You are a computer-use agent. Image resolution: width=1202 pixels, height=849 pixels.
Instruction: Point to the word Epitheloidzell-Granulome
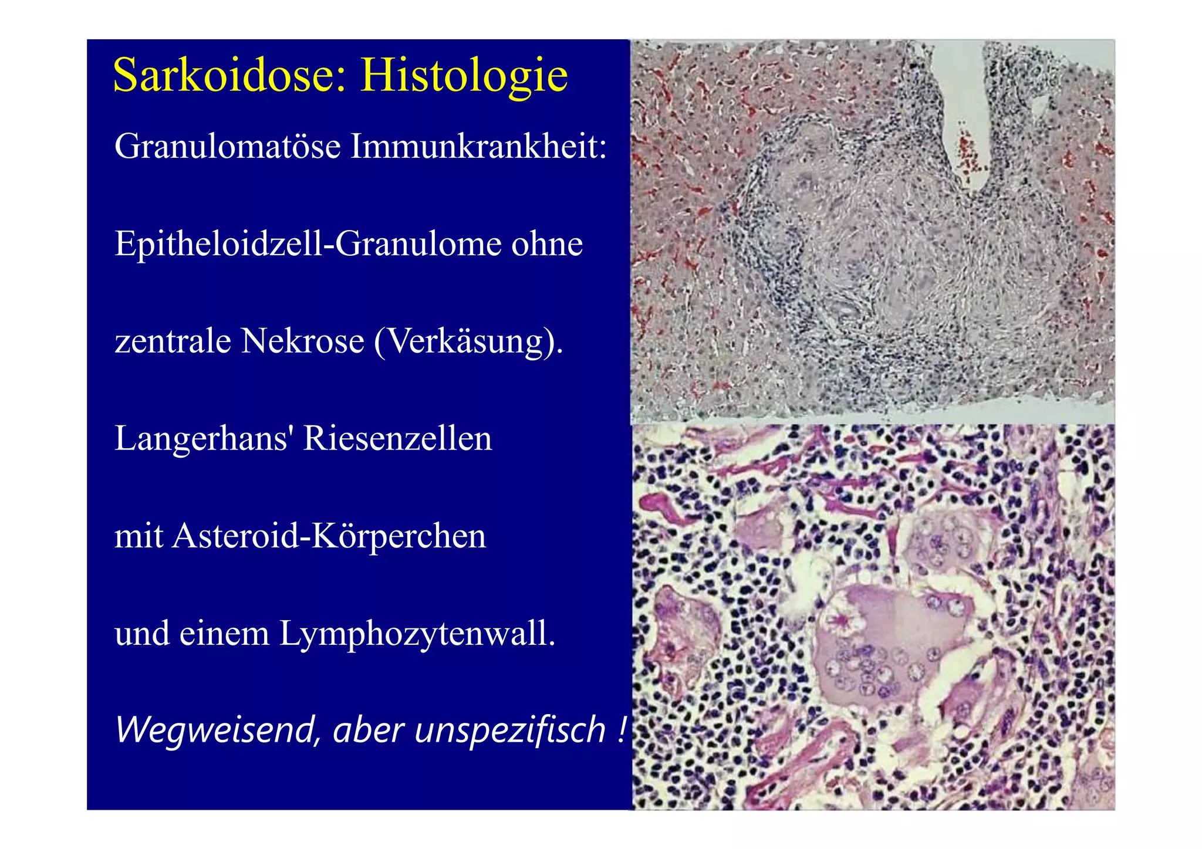coord(308,243)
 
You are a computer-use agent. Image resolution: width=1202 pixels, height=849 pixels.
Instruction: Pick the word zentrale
coord(173,341)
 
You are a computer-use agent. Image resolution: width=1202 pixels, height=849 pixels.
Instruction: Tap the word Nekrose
coord(302,341)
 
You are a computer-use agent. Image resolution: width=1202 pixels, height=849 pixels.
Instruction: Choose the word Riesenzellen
coord(397,439)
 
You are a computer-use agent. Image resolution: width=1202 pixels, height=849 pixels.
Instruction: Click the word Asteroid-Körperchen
coord(329,536)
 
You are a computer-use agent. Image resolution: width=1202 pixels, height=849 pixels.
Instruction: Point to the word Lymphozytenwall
coord(417,634)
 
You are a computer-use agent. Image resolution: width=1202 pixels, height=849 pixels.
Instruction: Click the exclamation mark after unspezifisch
coord(622,730)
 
